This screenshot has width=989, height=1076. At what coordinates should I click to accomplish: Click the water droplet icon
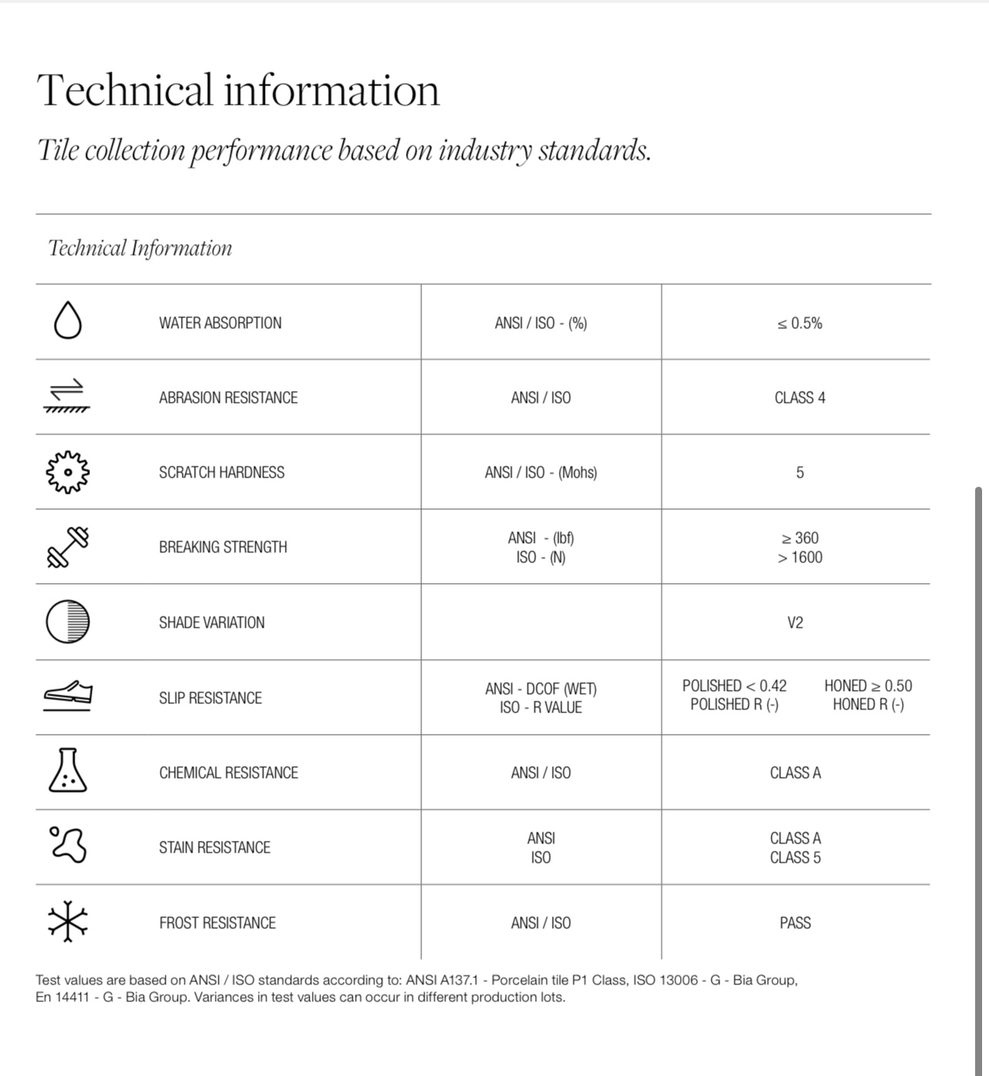pos(68,320)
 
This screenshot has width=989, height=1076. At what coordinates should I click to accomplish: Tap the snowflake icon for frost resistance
pos(68,921)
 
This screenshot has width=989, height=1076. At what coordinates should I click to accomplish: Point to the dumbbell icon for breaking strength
pos(68,547)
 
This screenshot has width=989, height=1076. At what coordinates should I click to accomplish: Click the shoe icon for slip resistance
pos(68,695)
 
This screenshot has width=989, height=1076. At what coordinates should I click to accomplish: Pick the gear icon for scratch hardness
pos(68,471)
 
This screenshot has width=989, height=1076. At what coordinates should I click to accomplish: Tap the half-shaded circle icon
pos(68,621)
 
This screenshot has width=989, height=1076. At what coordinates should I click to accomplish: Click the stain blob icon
pos(68,845)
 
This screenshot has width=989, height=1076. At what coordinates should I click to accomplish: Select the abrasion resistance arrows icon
pos(68,396)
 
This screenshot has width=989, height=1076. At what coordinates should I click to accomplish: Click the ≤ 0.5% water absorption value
pos(800,323)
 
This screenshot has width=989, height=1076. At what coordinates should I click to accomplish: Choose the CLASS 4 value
pos(800,398)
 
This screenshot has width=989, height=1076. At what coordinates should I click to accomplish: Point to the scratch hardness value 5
pos(800,473)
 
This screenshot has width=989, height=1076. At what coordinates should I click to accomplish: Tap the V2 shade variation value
pos(795,622)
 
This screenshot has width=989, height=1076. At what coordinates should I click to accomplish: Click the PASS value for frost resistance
pos(795,923)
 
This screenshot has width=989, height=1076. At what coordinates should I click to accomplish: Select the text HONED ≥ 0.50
pos(868,685)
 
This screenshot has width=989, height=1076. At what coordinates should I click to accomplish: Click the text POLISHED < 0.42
pos(734,685)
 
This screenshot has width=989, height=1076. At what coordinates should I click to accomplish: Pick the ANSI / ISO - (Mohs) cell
pos(541,473)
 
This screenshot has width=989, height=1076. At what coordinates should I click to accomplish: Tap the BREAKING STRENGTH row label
pos(223,548)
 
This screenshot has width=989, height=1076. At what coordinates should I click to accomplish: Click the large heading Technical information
pos(238,90)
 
